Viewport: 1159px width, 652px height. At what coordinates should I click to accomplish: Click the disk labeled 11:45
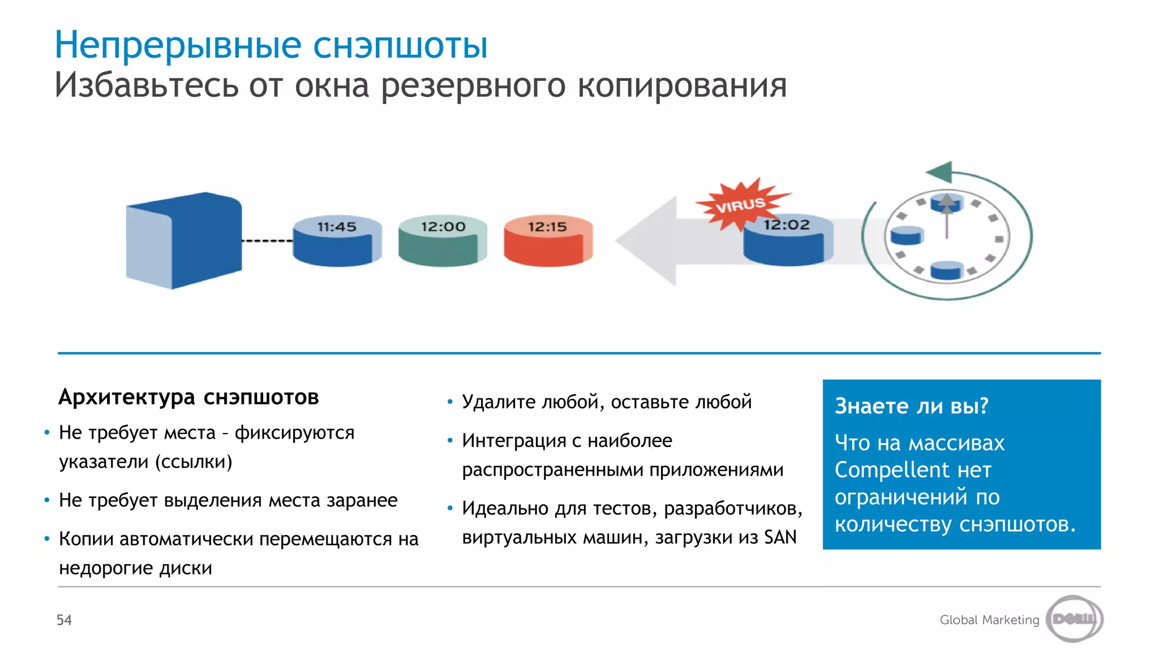(337, 241)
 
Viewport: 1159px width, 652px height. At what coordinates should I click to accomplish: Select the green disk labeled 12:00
(443, 241)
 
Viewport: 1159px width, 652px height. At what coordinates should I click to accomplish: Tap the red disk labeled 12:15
(548, 241)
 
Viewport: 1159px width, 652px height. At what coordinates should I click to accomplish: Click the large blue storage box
(184, 241)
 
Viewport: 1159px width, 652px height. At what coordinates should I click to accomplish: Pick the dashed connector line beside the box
(267, 241)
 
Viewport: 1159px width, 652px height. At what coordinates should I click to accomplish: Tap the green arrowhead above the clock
(940, 171)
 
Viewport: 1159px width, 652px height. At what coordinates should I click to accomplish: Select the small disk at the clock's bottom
(946, 270)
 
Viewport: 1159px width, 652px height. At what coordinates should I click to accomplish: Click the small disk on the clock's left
(906, 234)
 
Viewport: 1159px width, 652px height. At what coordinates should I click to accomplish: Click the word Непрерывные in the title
(178, 45)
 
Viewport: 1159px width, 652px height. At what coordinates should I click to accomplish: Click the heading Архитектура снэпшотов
(188, 397)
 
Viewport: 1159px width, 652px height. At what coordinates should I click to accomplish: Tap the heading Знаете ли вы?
(911, 406)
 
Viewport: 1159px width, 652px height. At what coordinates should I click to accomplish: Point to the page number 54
(64, 620)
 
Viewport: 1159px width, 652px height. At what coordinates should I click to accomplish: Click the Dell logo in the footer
(1074, 619)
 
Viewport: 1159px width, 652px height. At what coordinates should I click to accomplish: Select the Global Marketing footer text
(989, 620)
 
